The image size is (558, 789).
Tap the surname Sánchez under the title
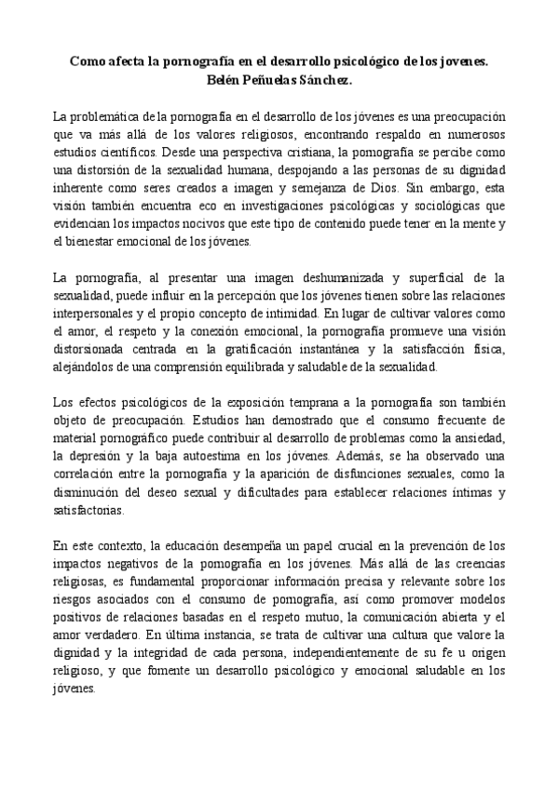click(x=327, y=80)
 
